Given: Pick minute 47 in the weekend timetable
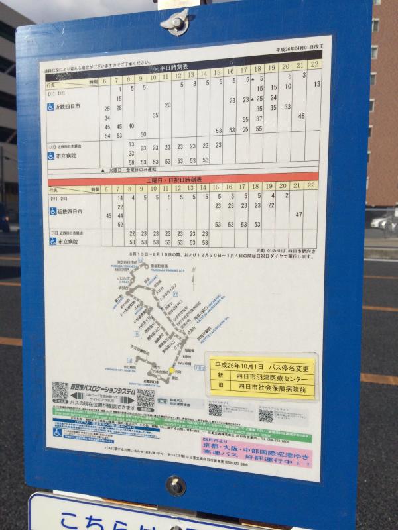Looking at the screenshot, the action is coord(299,214).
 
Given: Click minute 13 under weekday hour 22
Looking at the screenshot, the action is coord(317,84).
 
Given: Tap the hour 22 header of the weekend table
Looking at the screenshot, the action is coord(310,186).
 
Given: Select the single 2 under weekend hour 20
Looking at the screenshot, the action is coord(287,195).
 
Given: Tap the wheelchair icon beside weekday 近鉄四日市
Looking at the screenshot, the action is coord(51,106).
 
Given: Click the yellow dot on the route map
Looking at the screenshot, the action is coord(171,371).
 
